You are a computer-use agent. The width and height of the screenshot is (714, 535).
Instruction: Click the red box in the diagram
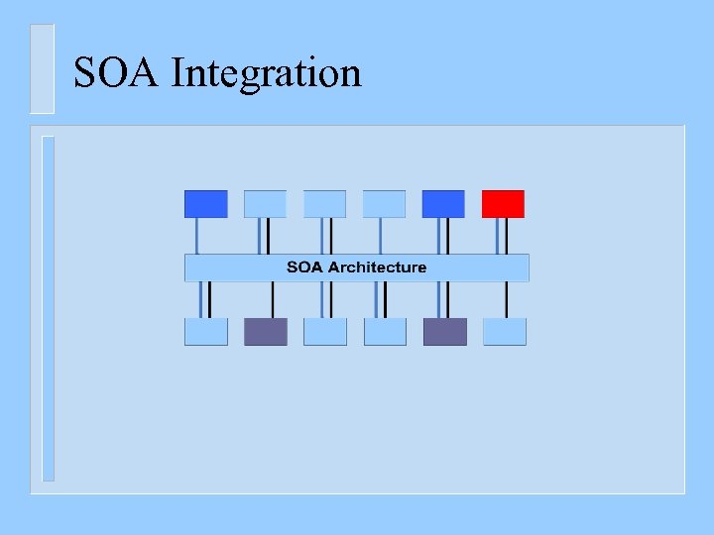[503, 204]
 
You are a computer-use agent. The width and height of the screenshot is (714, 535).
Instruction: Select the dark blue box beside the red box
[443, 204]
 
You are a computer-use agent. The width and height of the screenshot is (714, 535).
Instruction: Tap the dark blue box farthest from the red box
[205, 204]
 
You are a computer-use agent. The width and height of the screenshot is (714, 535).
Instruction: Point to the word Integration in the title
[266, 73]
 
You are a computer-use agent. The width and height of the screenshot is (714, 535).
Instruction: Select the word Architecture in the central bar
[377, 267]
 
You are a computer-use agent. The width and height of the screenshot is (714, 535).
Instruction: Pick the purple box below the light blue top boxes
[265, 332]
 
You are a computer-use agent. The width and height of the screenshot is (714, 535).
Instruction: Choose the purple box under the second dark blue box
[444, 332]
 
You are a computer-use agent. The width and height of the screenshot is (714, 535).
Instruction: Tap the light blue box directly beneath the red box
[504, 332]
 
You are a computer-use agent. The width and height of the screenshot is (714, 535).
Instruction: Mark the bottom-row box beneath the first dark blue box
[205, 332]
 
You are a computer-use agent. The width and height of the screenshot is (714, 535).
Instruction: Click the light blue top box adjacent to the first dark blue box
[265, 204]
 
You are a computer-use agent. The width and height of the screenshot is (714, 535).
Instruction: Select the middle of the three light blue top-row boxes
[324, 204]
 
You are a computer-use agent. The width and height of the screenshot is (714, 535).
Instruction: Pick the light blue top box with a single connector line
[384, 204]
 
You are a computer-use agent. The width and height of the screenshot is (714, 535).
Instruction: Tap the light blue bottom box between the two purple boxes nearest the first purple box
[324, 332]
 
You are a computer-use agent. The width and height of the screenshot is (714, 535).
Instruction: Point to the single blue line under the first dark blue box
[197, 236]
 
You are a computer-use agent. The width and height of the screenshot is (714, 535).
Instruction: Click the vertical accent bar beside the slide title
[42, 68]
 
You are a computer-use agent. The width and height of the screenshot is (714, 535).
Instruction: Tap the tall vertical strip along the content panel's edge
[48, 307]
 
